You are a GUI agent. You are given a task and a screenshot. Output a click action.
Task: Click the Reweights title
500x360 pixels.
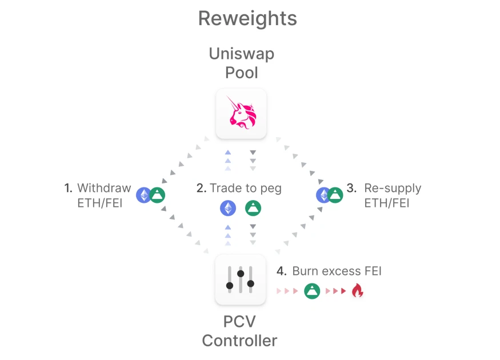click(247, 18)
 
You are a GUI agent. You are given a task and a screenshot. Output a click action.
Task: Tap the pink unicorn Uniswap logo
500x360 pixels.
click(241, 113)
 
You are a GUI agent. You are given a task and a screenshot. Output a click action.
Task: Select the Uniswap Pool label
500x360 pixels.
click(241, 63)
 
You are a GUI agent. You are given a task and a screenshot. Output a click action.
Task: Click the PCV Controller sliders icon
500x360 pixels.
click(241, 279)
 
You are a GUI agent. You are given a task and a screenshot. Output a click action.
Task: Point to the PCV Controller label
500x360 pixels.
click(240, 331)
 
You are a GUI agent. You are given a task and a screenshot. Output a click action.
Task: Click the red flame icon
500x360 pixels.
click(358, 291)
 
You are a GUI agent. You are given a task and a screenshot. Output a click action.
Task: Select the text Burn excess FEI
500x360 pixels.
click(337, 271)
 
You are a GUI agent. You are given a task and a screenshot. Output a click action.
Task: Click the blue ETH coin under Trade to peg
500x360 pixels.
click(228, 208)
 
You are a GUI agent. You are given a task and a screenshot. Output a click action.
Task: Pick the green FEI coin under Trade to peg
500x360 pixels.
click(253, 208)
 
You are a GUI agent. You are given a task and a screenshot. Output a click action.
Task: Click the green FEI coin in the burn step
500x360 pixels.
click(312, 291)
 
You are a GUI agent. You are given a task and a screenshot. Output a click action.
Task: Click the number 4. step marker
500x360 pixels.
click(281, 271)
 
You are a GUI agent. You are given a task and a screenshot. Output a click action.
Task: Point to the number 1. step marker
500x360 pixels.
click(68, 188)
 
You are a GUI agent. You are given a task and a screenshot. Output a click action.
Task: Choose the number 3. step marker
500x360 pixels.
click(351, 188)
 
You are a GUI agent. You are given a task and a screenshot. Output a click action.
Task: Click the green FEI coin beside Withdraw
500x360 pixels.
click(157, 195)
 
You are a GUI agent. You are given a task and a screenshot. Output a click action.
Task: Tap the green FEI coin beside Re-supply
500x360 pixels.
click(335, 195)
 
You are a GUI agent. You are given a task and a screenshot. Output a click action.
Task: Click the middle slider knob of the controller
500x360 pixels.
click(241, 274)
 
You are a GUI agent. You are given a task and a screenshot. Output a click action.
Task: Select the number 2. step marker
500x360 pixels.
click(201, 188)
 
